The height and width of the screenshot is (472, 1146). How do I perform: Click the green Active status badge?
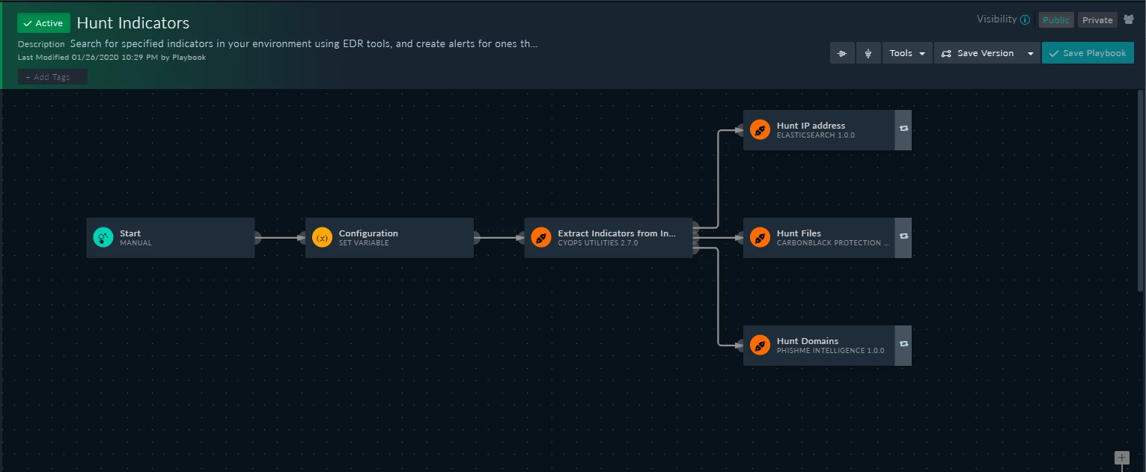tap(43, 23)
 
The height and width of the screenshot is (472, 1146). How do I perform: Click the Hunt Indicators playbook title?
tap(133, 23)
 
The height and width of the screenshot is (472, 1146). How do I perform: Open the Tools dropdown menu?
tap(907, 53)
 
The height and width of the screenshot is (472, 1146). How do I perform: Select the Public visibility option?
tap(1056, 20)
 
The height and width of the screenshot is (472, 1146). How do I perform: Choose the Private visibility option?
tap(1097, 20)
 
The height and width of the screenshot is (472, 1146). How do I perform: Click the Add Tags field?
tap(52, 77)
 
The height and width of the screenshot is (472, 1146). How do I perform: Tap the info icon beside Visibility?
tap(1025, 19)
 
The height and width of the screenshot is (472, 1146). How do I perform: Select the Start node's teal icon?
tap(103, 238)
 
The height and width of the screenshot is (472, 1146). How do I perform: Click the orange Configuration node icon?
tap(322, 238)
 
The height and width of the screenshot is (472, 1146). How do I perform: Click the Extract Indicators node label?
tap(617, 233)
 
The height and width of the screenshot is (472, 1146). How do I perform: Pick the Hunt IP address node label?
tap(811, 125)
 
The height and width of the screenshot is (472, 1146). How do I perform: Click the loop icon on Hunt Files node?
tap(904, 236)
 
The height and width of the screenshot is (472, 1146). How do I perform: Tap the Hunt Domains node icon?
tap(760, 345)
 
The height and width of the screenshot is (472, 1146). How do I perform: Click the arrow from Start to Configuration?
tap(281, 238)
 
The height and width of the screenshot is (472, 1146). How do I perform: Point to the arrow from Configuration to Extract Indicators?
tap(499, 238)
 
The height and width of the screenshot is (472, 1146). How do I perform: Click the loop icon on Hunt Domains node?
tap(904, 344)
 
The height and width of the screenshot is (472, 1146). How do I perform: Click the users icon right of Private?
tap(1129, 19)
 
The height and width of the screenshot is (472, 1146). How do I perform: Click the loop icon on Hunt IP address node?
tap(904, 129)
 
